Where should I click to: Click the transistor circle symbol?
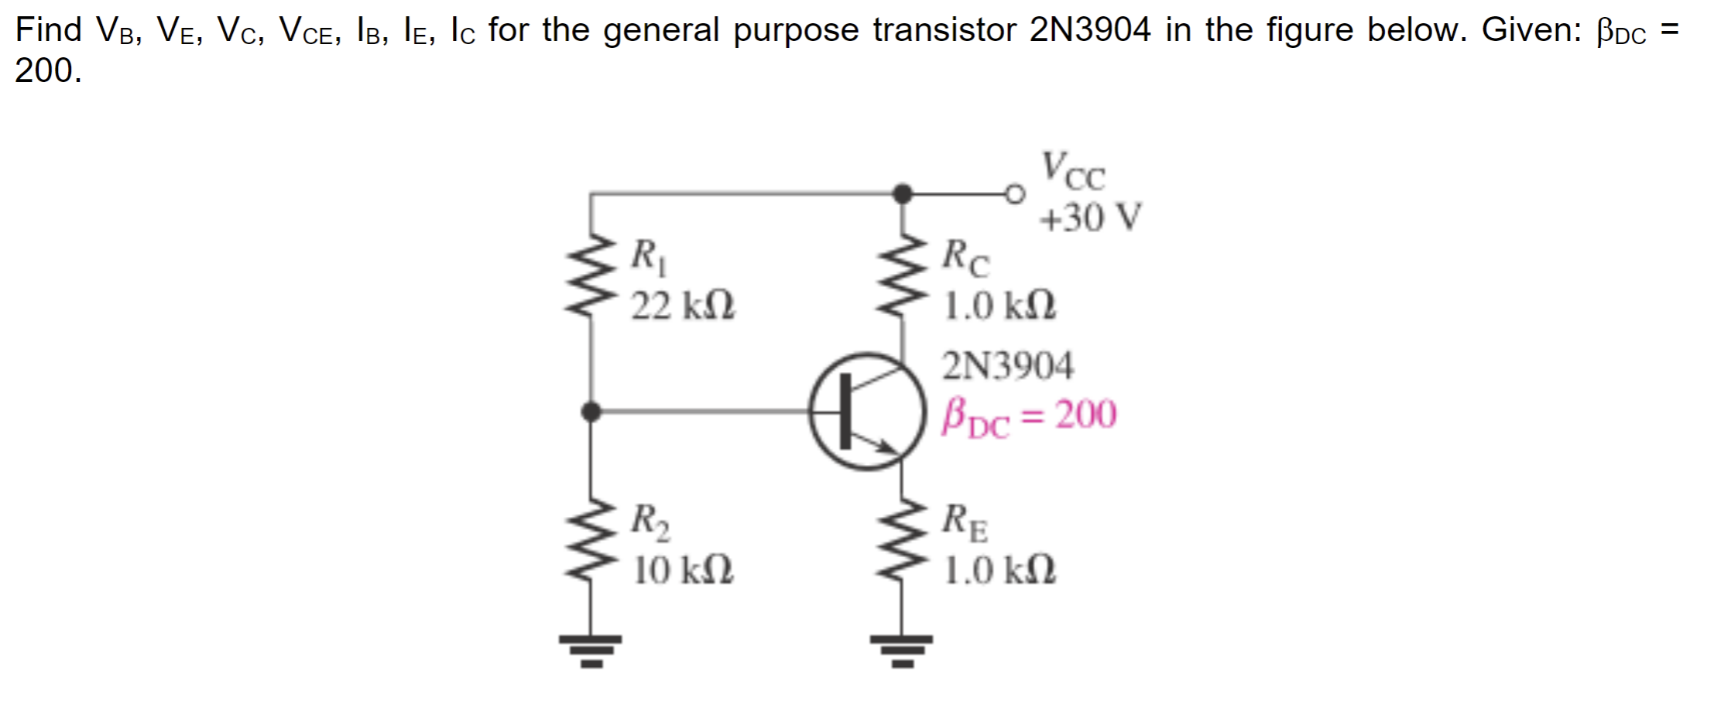click(867, 412)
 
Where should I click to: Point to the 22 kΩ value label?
click(683, 306)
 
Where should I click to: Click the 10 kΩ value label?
click(683, 571)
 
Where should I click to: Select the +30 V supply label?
click(1090, 217)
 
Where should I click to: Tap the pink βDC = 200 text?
click(1029, 416)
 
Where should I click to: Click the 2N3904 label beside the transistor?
click(1007, 365)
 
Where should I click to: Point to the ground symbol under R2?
click(591, 650)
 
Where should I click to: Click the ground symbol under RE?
click(901, 650)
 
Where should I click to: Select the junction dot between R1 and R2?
click(591, 412)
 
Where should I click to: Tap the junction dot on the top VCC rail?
click(902, 193)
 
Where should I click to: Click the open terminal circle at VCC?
click(1015, 193)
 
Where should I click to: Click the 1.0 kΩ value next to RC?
click(999, 306)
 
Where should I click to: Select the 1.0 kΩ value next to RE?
click(999, 571)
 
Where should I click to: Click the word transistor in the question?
click(945, 30)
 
